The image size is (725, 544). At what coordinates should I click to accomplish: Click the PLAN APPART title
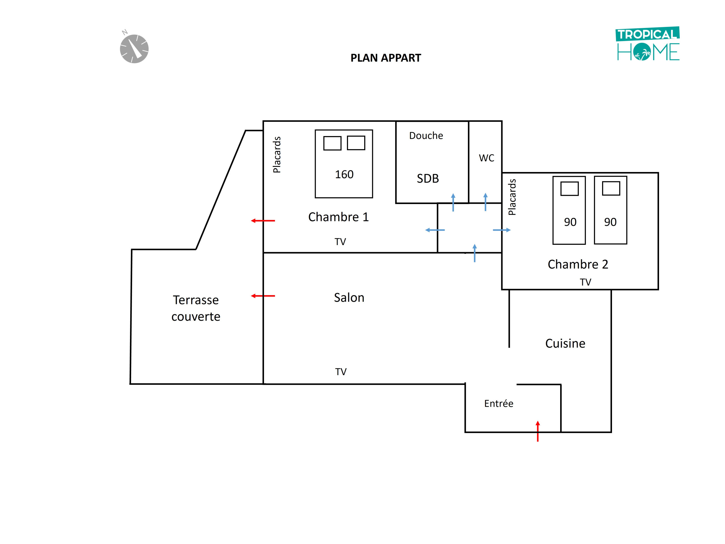pyautogui.click(x=385, y=58)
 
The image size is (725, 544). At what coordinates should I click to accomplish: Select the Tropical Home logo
pyautogui.click(x=648, y=44)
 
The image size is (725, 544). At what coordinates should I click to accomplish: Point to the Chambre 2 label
pyautogui.click(x=577, y=264)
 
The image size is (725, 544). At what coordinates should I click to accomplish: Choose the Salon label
pyautogui.click(x=349, y=298)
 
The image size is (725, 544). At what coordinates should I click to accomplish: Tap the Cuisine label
pyautogui.click(x=565, y=343)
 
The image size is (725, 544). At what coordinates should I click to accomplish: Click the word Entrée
pyautogui.click(x=498, y=404)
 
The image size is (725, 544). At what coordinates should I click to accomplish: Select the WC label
pyautogui.click(x=486, y=158)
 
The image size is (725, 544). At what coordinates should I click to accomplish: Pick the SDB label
pyautogui.click(x=428, y=179)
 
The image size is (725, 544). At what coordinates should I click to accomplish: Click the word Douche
pyautogui.click(x=426, y=136)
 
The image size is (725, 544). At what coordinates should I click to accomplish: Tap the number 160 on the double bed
pyautogui.click(x=344, y=175)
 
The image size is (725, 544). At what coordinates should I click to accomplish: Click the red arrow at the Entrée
pyautogui.click(x=538, y=431)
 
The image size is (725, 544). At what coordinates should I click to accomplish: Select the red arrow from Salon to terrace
pyautogui.click(x=263, y=296)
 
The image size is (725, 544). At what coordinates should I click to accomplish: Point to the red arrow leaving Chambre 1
pyautogui.click(x=263, y=221)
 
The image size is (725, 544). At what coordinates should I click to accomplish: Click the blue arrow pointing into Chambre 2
pyautogui.click(x=502, y=230)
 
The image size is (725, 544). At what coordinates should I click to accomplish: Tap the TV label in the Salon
pyautogui.click(x=340, y=372)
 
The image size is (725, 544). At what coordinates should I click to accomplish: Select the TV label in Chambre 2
pyautogui.click(x=585, y=282)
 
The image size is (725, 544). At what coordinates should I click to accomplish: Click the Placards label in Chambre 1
pyautogui.click(x=277, y=155)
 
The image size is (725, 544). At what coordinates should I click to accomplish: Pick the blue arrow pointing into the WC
pyautogui.click(x=485, y=202)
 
